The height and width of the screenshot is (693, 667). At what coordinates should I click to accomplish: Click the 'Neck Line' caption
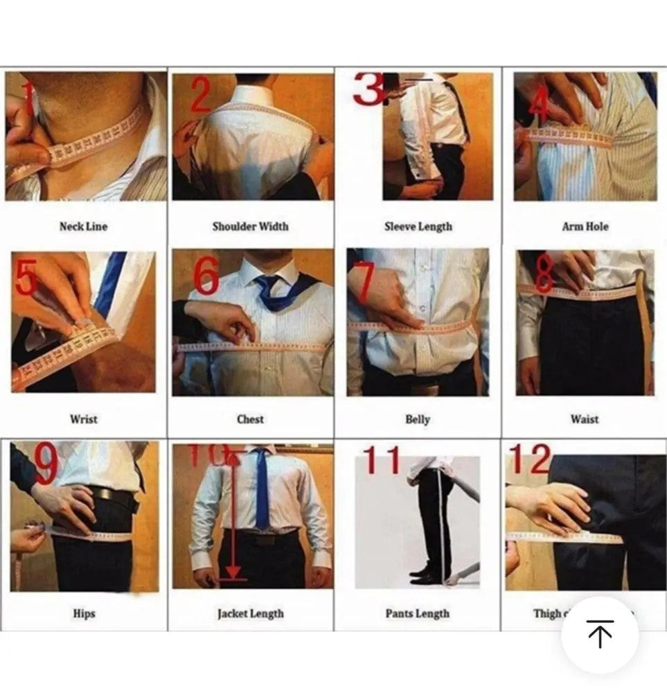83,227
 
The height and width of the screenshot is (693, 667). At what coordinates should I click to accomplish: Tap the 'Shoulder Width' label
250,227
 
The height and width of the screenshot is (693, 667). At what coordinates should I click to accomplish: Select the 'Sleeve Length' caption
418,227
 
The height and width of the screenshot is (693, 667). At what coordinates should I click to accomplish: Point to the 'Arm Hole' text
585,227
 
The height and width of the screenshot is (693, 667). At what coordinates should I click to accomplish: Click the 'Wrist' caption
83,419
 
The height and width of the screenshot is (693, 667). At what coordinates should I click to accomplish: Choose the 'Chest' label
250,419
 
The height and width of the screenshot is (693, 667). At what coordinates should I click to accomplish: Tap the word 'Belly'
418,419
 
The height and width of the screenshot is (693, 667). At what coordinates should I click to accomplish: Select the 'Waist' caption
585,419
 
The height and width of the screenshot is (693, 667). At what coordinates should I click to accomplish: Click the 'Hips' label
84,613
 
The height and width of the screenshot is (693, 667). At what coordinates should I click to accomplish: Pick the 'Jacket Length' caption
250,613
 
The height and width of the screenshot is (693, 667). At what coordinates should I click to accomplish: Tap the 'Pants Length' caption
418,613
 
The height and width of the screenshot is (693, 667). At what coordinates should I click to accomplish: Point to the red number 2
199,96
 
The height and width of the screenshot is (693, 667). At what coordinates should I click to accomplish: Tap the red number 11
382,460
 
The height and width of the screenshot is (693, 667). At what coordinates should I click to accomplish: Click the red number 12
530,459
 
